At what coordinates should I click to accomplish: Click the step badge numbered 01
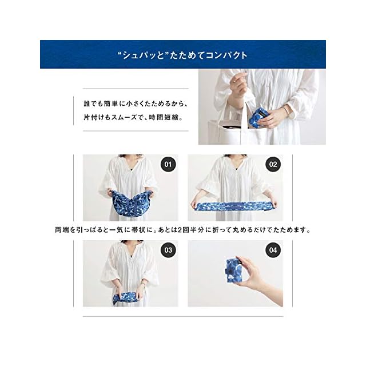click(168, 164)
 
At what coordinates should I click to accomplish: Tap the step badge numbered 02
click(273, 164)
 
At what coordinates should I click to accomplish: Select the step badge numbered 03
click(168, 250)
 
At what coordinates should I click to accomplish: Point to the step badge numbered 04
click(273, 250)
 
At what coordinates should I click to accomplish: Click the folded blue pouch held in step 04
click(235, 270)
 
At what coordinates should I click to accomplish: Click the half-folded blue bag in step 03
click(126, 298)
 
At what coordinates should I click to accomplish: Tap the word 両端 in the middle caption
click(62, 230)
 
